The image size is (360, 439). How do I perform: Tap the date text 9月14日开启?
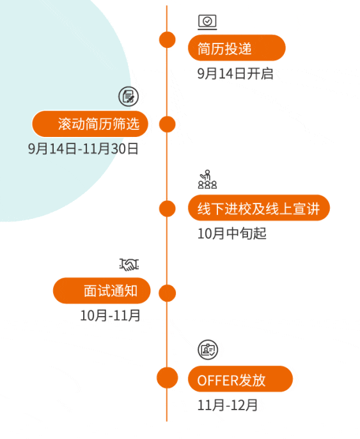[235, 74]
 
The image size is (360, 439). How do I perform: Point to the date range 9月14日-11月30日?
[83, 148]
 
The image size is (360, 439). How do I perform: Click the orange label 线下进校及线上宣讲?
[259, 208]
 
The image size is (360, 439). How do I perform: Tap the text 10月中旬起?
[232, 234]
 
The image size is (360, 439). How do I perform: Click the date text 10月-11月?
[110, 315]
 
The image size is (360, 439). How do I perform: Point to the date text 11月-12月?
[228, 405]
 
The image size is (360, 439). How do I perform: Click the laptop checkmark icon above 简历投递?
[207, 22]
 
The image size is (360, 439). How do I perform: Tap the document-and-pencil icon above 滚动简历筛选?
[129, 96]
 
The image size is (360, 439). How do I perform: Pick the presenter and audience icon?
[207, 179]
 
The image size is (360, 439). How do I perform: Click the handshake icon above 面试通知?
[129, 264]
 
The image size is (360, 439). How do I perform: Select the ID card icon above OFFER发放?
[208, 349]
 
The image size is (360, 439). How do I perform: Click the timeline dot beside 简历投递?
[168, 40]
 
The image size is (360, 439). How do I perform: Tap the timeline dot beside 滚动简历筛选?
[168, 124]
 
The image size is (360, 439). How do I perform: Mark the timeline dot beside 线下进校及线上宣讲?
[168, 209]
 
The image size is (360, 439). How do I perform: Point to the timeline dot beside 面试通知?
[168, 293]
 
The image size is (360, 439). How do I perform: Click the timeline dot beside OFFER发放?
[168, 378]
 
